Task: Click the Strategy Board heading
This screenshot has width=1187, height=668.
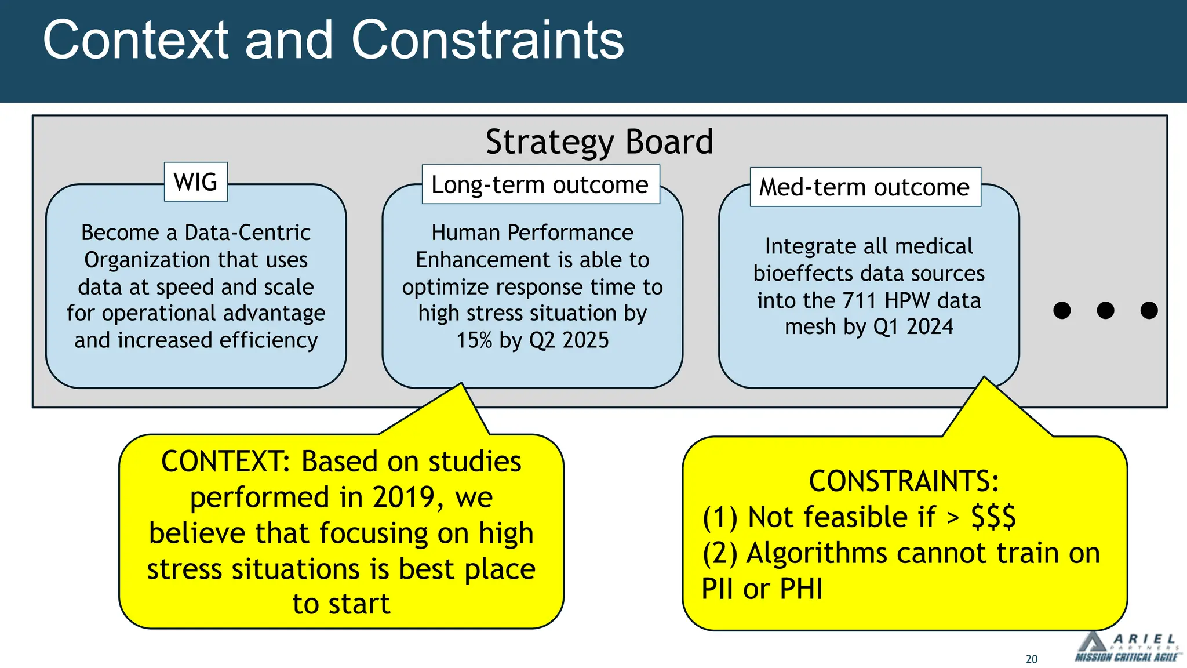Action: pos(599,142)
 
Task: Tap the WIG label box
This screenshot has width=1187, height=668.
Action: pos(195,182)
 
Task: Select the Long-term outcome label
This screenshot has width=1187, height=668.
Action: pos(540,185)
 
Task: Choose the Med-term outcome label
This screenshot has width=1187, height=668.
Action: pos(864,187)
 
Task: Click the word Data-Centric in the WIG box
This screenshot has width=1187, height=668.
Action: pos(247,233)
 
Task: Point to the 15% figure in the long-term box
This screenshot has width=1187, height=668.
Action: pos(474,340)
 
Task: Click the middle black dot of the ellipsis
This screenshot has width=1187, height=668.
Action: pos(1105,310)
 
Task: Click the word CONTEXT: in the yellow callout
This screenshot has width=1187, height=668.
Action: pos(226,462)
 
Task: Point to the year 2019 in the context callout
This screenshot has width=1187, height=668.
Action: pos(404,498)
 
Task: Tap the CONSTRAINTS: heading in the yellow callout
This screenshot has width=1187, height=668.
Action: pos(904,481)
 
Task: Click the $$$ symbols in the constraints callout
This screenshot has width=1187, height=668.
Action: pos(993,517)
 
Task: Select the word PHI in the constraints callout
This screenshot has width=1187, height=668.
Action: pos(801,589)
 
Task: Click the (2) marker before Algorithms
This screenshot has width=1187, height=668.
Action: pos(719,553)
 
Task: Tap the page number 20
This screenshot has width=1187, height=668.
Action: pos(1031,659)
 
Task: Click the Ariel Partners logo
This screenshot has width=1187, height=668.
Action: pos(1126,647)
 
